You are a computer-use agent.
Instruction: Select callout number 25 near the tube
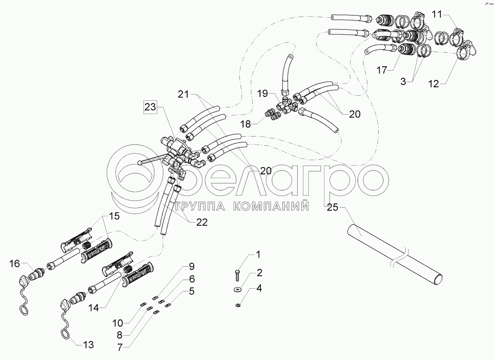tap(332, 208)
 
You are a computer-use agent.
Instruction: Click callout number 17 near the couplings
tap(382, 71)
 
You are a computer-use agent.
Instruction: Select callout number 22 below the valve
tap(201, 222)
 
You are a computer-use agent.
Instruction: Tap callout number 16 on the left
tap(15, 264)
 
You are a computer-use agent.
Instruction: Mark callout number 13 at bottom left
tap(88, 345)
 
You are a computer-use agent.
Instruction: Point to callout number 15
tap(114, 216)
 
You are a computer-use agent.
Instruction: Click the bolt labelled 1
tap(237, 275)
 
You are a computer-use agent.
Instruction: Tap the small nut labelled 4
tap(239, 306)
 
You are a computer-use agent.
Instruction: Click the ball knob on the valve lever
tap(140, 164)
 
